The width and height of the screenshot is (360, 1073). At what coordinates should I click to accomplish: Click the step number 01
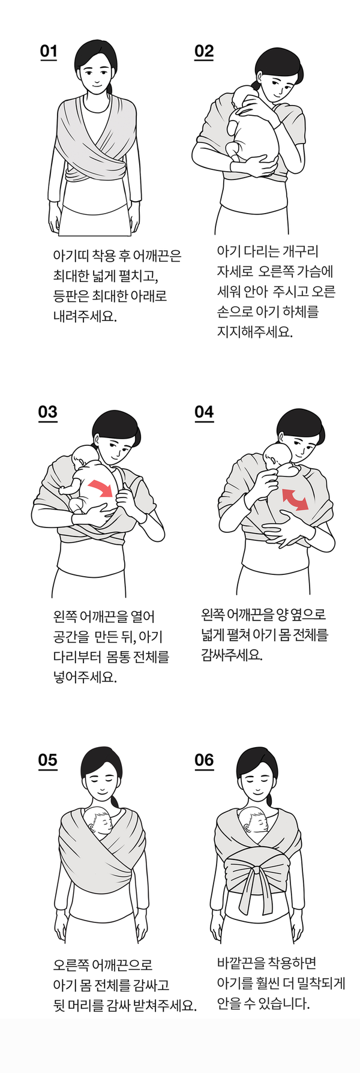[x=49, y=52]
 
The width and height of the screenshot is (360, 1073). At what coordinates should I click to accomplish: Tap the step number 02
[x=204, y=52]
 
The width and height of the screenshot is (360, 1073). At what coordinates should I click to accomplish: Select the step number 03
[x=48, y=412]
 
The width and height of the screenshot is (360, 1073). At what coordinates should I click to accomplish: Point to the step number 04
[x=204, y=412]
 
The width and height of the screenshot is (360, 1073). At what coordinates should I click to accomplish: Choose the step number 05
[x=48, y=760]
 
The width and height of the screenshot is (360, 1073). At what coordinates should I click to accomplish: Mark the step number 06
[x=204, y=760]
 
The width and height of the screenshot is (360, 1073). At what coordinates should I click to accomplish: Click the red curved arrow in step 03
[x=101, y=487]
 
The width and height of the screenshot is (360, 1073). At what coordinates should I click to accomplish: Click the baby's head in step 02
[x=247, y=97]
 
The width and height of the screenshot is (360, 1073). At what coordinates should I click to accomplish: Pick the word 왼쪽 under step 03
[x=65, y=616]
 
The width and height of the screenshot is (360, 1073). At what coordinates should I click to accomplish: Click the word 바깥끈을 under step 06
[x=241, y=963]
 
